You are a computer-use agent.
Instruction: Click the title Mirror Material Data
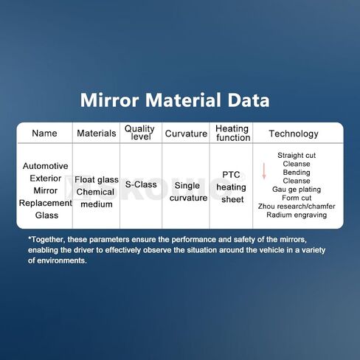click(175, 100)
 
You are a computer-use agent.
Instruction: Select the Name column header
click(44, 134)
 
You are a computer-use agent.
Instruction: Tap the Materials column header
click(97, 134)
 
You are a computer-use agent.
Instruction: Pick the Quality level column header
click(139, 133)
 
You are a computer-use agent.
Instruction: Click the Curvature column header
click(186, 134)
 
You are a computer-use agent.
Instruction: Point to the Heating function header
click(232, 133)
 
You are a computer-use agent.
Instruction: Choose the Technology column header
click(294, 134)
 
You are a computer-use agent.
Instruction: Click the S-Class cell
click(141, 184)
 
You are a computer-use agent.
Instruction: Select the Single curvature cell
click(188, 192)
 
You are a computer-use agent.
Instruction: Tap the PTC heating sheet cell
click(231, 187)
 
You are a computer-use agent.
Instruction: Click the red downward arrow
click(264, 171)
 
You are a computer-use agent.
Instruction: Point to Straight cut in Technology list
click(297, 156)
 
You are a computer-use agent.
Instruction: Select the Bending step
click(297, 173)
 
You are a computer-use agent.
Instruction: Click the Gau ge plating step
click(297, 190)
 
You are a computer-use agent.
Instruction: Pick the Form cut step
click(297, 198)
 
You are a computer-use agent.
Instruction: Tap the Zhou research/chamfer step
click(297, 207)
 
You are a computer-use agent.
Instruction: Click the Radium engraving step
click(297, 215)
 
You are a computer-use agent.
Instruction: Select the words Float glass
click(97, 180)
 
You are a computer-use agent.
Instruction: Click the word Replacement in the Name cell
click(46, 203)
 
